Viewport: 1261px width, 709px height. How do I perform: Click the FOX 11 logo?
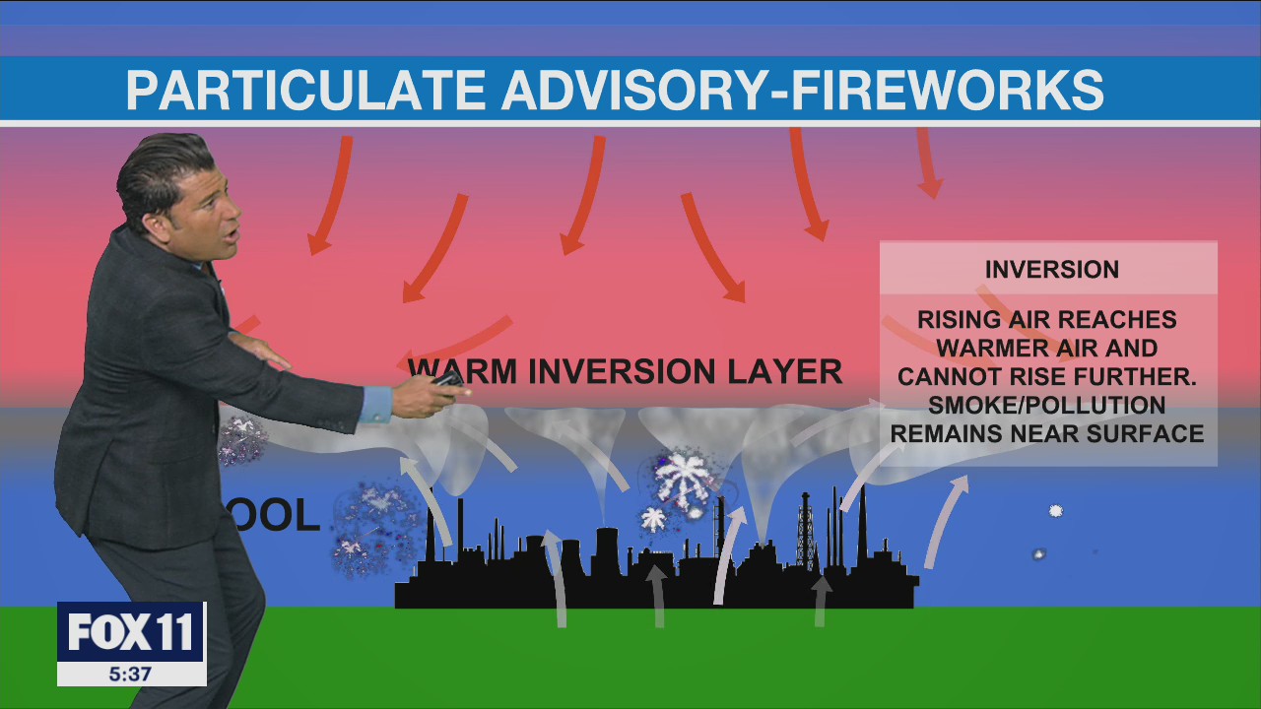[131, 632]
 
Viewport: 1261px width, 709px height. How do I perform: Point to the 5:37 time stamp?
[131, 675]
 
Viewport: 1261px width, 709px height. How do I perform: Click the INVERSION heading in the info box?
[1051, 270]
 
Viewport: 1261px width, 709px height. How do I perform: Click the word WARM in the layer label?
[463, 372]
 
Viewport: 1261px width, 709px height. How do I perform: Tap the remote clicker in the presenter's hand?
[448, 380]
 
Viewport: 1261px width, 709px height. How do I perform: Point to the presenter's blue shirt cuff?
[375, 404]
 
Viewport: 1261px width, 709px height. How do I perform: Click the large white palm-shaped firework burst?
[683, 476]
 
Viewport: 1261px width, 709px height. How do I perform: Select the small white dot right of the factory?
[1055, 511]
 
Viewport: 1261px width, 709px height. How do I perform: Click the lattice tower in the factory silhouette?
[805, 532]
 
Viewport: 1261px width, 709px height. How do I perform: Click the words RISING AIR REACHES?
[1046, 320]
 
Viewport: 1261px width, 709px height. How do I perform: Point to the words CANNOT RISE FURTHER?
[1046, 376]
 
